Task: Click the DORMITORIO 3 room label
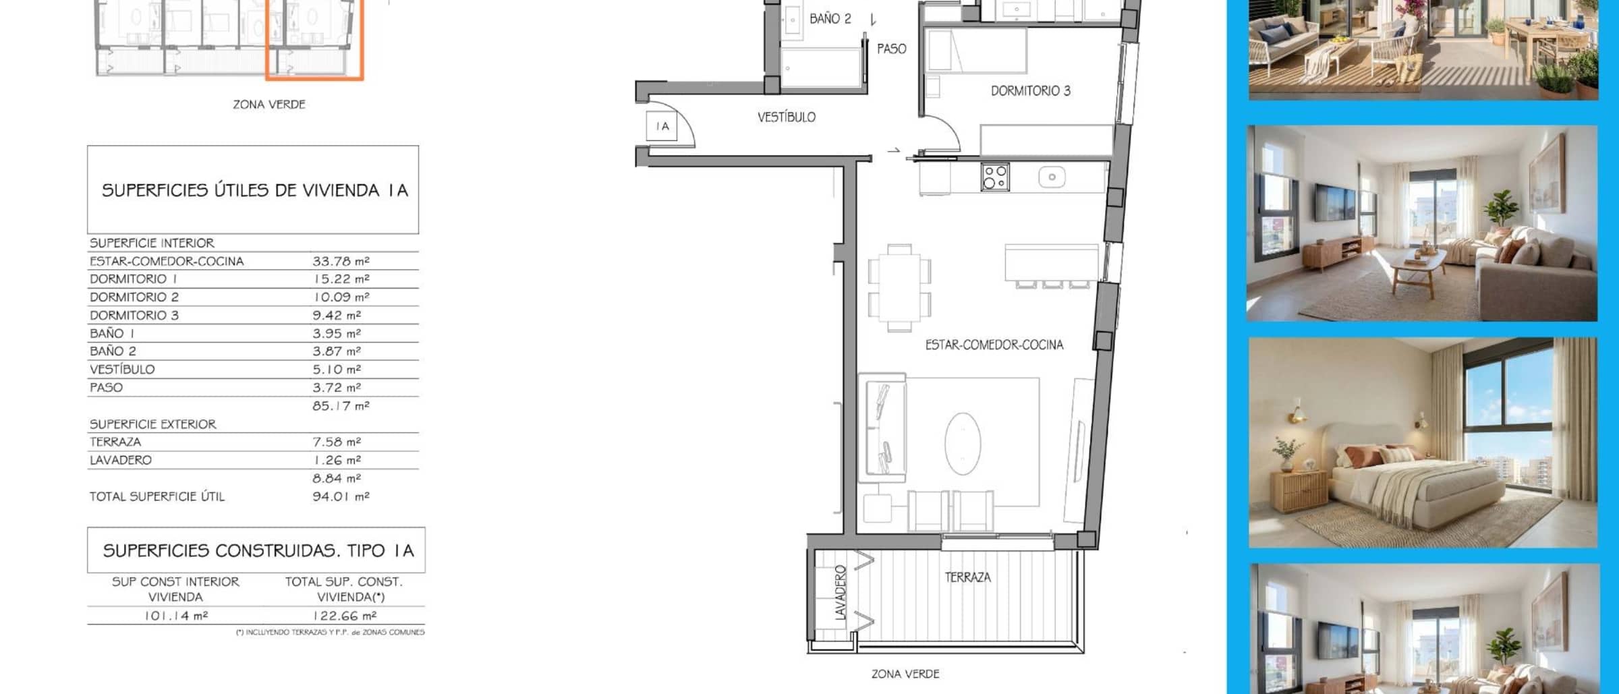click(x=1030, y=91)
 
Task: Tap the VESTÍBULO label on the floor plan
click(x=786, y=117)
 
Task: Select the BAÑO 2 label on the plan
click(x=830, y=19)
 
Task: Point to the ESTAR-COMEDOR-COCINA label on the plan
click(x=994, y=345)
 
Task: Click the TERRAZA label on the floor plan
click(x=967, y=577)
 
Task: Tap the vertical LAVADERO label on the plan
click(x=840, y=593)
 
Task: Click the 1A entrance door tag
click(x=662, y=126)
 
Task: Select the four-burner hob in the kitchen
click(x=995, y=177)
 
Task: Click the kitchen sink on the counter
click(x=1052, y=177)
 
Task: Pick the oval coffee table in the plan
click(x=963, y=443)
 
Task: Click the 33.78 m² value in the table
click(x=341, y=261)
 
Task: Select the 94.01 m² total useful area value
click(x=341, y=496)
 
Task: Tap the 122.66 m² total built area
click(x=344, y=616)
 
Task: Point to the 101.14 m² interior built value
click(x=176, y=616)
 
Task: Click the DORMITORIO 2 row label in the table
click(x=134, y=297)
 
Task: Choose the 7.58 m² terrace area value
click(x=337, y=442)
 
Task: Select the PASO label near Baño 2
click(x=891, y=49)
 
